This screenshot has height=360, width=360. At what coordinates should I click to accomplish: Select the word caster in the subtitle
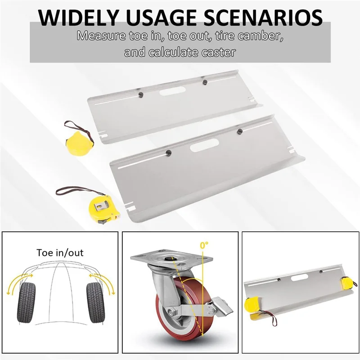point(221,53)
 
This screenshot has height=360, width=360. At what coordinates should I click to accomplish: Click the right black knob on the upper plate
point(204,82)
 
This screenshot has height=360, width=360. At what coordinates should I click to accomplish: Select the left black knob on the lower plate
point(169,153)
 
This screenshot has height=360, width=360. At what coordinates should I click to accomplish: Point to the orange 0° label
point(205,246)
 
